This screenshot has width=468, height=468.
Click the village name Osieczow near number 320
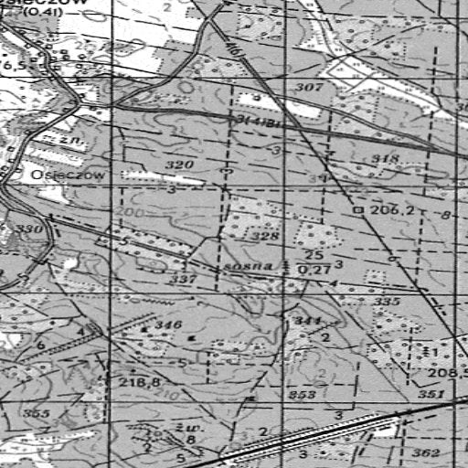point(56,174)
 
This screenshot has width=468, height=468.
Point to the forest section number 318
point(387,160)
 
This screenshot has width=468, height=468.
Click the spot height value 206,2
point(393,210)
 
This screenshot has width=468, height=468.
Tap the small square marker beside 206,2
point(359,210)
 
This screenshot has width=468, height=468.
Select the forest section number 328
point(265,237)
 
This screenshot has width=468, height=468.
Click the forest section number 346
point(168,325)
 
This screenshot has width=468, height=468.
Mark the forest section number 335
point(388,301)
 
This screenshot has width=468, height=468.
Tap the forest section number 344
point(306,322)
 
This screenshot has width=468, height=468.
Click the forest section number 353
point(303,395)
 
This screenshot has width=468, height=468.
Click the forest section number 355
point(37,414)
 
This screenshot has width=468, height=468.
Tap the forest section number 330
point(28,229)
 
